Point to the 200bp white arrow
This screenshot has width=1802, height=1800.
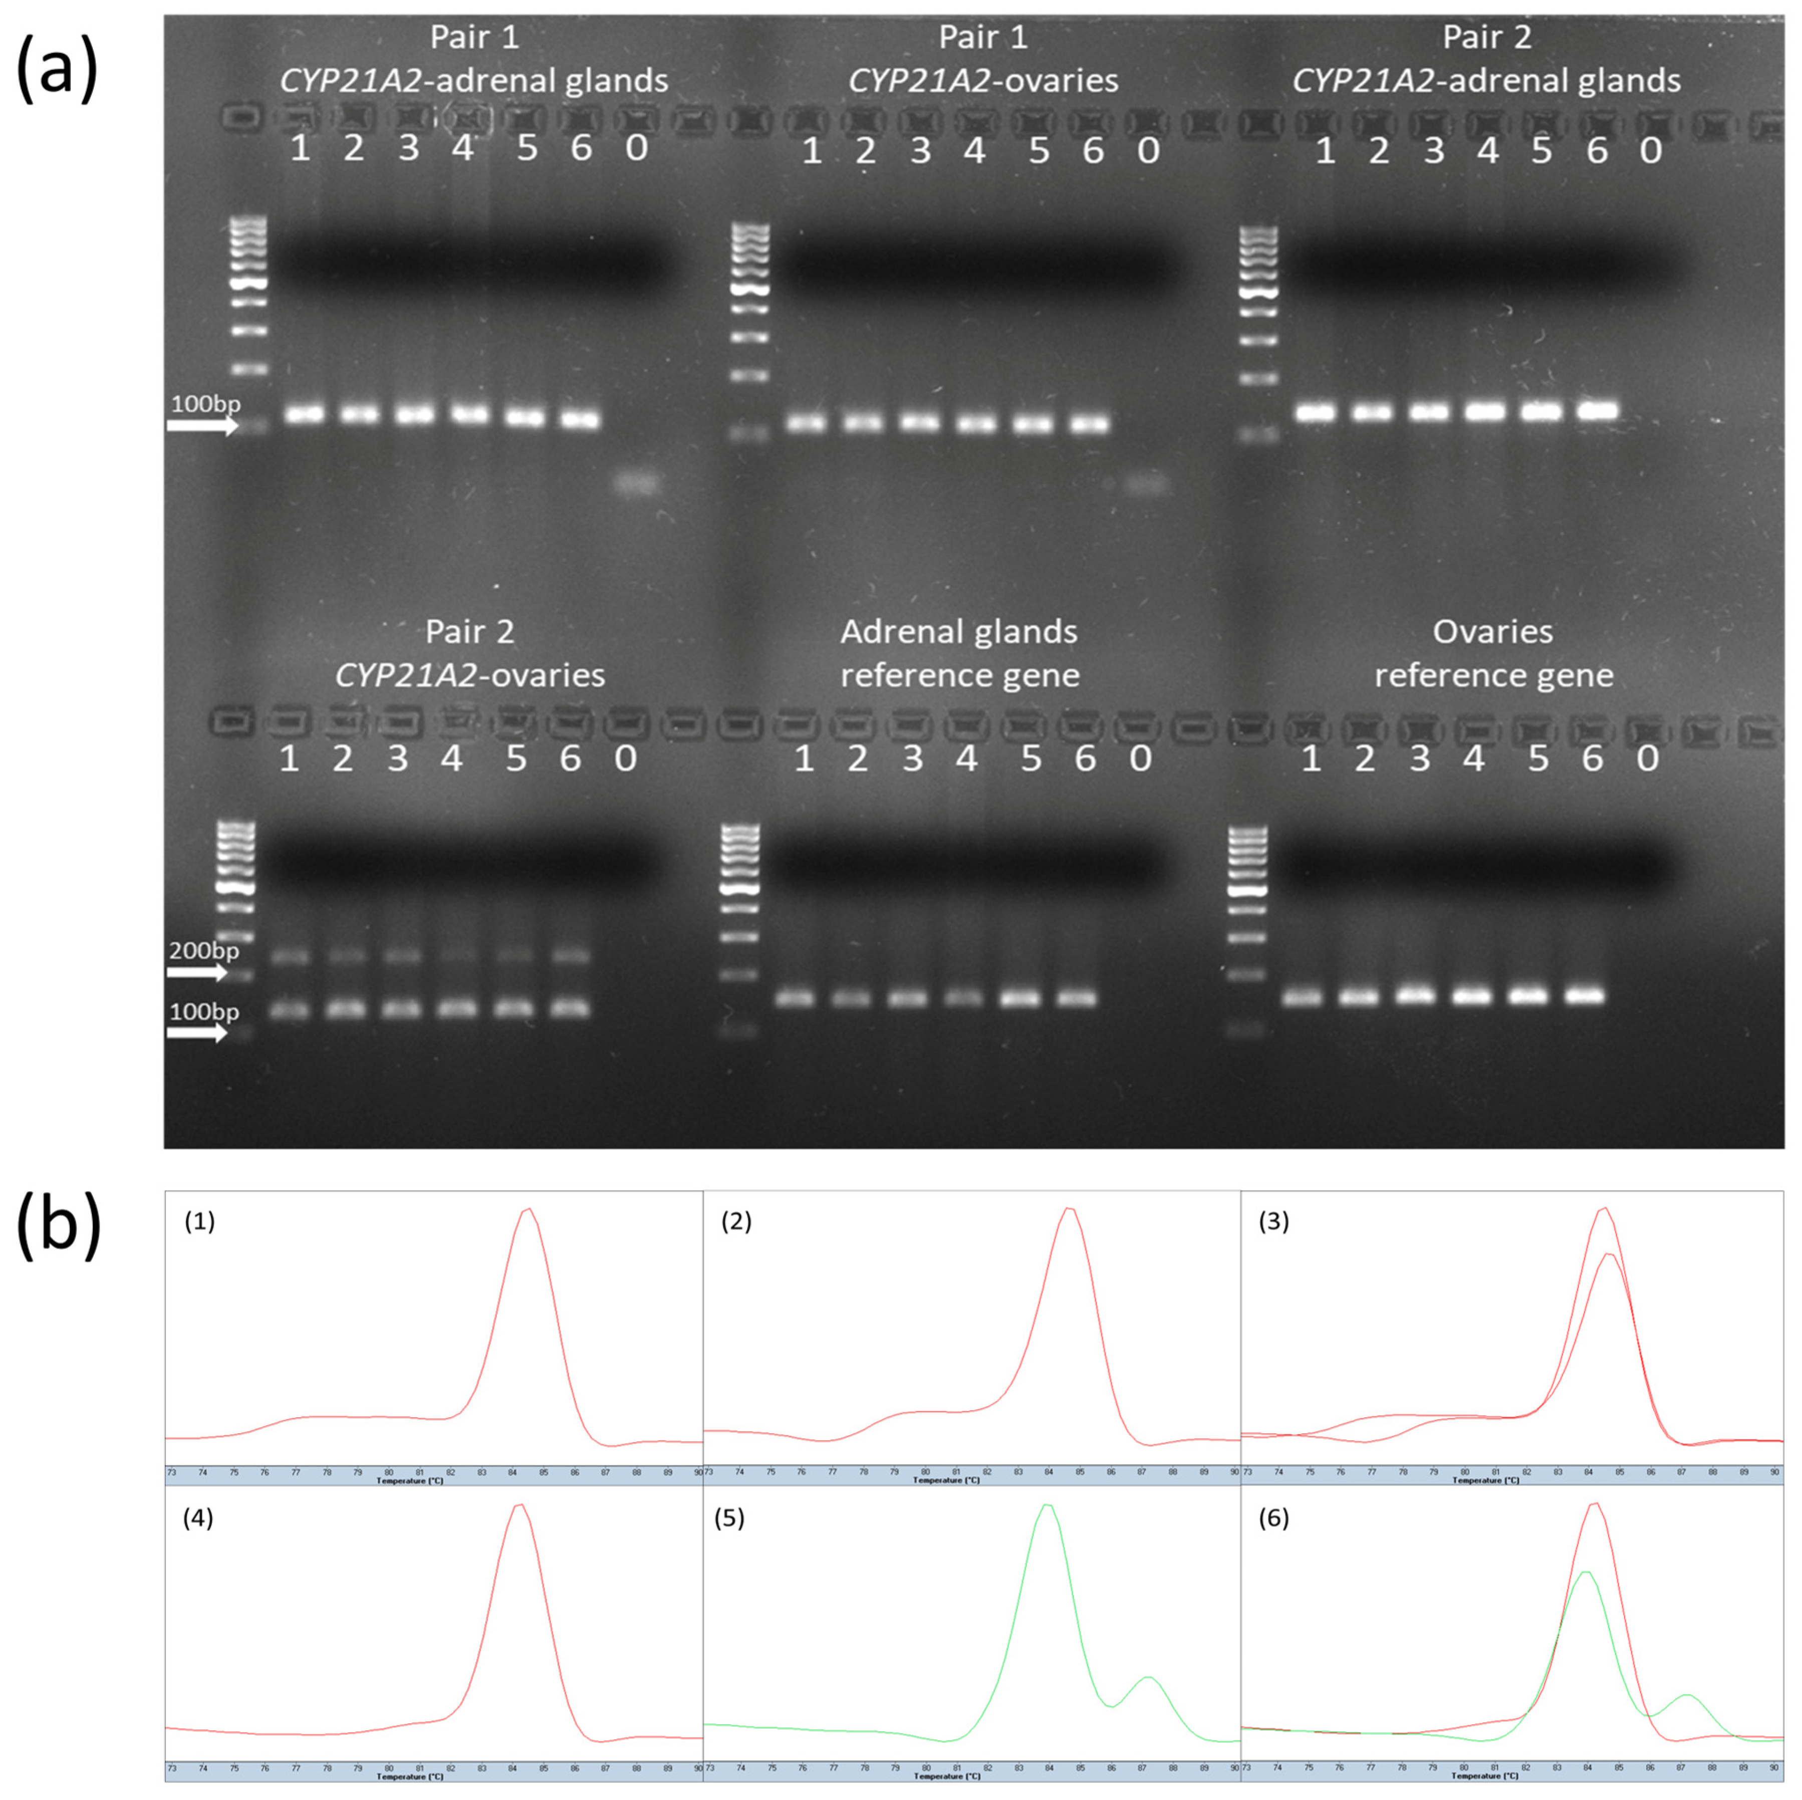pyautogui.click(x=196, y=973)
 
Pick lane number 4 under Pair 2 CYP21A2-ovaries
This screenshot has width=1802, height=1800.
pyautogui.click(x=451, y=758)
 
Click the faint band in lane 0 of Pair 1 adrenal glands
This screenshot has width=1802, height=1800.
pyautogui.click(x=638, y=483)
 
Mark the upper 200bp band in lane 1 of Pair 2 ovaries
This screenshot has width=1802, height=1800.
pyautogui.click(x=290, y=956)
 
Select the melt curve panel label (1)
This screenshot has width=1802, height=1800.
pyautogui.click(x=199, y=1221)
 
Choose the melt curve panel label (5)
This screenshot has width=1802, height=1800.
pyautogui.click(x=729, y=1518)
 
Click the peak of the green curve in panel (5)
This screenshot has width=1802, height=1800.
pyautogui.click(x=1048, y=1505)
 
